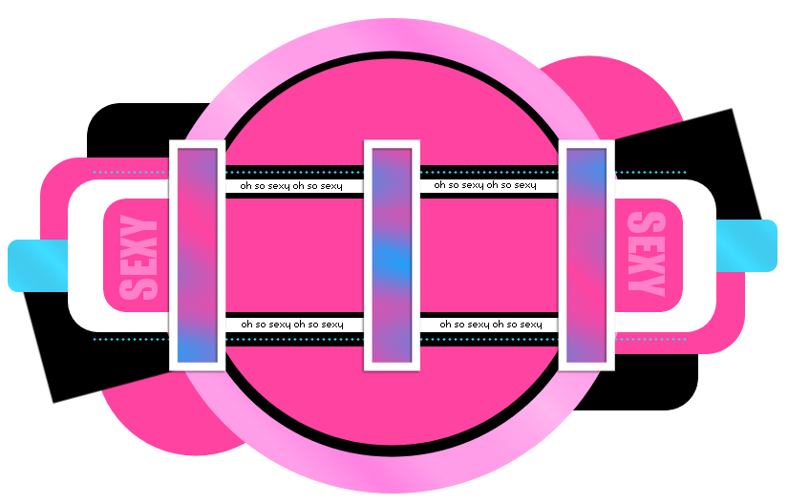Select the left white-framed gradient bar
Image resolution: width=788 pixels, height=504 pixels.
[197, 255]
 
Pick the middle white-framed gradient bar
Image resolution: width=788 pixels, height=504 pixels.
[392, 255]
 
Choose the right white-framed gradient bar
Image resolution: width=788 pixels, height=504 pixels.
[586, 255]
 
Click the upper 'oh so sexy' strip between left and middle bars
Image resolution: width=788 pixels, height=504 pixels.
[291, 185]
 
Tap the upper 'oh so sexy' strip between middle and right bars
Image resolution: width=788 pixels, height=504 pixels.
[485, 185]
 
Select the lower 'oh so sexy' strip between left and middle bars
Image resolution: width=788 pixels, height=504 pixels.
[291, 325]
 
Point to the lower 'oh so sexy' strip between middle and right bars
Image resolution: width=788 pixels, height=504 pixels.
[490, 325]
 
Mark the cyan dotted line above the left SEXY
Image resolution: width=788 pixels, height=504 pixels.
[130, 173]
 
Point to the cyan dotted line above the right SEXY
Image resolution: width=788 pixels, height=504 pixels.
[650, 173]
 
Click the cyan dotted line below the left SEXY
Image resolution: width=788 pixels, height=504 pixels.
[130, 339]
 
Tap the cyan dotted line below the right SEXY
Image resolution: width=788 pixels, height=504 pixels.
[650, 339]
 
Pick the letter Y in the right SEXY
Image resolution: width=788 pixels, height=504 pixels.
[646, 283]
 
